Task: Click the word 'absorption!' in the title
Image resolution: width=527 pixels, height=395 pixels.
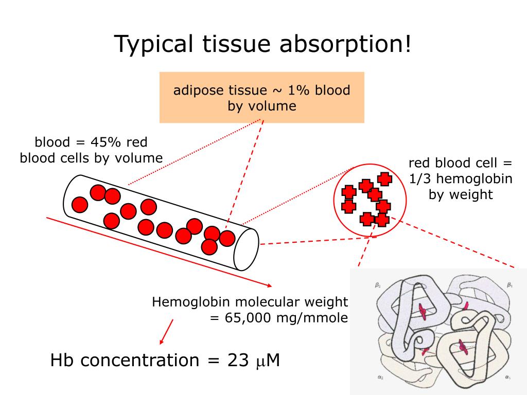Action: click(345, 44)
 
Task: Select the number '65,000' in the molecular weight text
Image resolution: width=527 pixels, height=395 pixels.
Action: click(247, 317)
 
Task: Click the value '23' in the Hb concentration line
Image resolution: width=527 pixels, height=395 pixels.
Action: click(238, 360)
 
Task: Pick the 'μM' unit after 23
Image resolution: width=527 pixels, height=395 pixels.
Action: click(268, 361)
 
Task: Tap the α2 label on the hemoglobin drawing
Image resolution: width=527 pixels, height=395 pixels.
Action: click(380, 378)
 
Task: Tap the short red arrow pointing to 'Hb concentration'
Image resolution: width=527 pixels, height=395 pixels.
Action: click(166, 332)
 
